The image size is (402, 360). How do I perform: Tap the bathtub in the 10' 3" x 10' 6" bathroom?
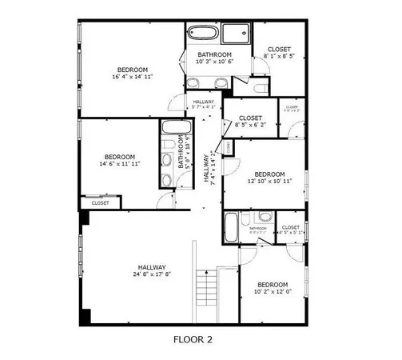(x=202, y=34)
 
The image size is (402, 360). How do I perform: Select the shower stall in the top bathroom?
(x=237, y=34)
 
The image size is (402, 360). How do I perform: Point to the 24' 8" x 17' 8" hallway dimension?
(x=151, y=274)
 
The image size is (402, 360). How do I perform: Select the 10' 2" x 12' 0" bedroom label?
(x=273, y=289)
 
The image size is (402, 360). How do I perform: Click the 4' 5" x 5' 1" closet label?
(x=290, y=232)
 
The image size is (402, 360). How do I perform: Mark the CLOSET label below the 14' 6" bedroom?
(x=100, y=203)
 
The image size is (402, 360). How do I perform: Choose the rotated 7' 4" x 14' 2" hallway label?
(x=209, y=167)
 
